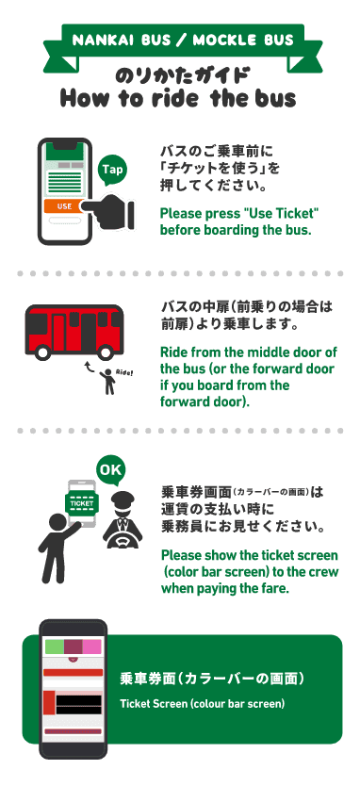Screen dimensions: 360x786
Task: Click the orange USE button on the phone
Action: click(x=64, y=206)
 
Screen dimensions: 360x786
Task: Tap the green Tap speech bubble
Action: click(x=112, y=171)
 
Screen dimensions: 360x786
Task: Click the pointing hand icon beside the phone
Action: click(x=107, y=209)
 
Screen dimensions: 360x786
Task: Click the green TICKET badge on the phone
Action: click(x=82, y=503)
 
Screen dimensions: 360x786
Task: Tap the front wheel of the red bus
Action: click(x=42, y=352)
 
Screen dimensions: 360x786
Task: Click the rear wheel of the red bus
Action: click(x=105, y=352)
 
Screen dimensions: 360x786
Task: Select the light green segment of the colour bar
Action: click(x=54, y=647)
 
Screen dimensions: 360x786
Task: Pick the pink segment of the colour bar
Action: click(x=91, y=647)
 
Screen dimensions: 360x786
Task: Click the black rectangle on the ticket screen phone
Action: click(x=78, y=704)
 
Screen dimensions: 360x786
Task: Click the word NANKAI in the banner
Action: click(x=99, y=41)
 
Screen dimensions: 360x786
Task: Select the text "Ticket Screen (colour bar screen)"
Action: click(x=202, y=704)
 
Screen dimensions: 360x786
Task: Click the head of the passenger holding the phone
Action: click(x=57, y=522)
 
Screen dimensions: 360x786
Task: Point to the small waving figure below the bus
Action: click(x=107, y=382)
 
